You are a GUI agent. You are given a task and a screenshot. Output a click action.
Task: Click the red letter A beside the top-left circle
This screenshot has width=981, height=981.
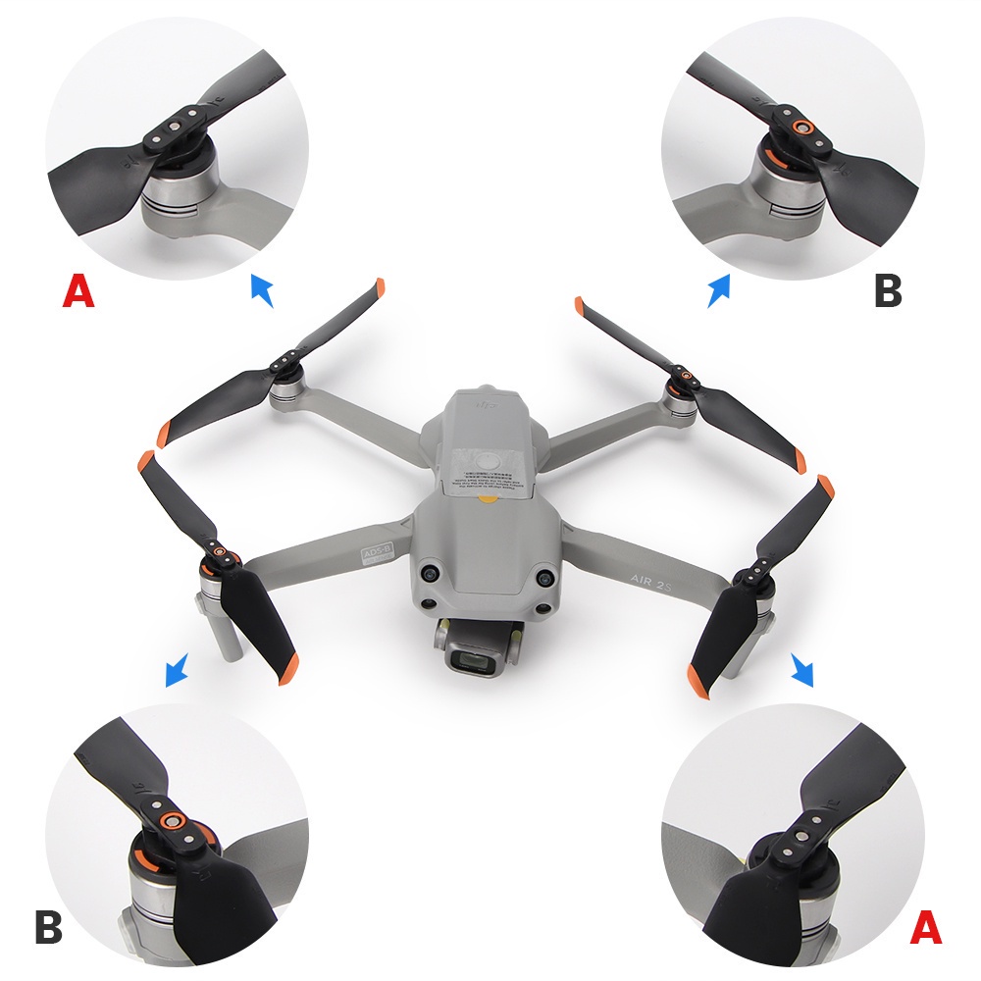pos(78,290)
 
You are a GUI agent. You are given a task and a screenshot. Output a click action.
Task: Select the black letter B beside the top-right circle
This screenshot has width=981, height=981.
pos(887,290)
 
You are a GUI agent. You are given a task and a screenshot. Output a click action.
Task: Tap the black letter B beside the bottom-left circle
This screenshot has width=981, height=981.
pos(49,927)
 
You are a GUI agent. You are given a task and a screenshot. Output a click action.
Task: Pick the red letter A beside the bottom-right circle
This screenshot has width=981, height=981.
pos(926,927)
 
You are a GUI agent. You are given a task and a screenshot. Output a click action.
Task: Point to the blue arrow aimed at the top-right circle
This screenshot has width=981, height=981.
pos(719,290)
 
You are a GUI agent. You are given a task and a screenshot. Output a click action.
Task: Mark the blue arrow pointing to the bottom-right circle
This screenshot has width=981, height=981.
pos(801,672)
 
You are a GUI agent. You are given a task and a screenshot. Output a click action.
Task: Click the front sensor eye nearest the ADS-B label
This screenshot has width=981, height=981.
pos(430,574)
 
